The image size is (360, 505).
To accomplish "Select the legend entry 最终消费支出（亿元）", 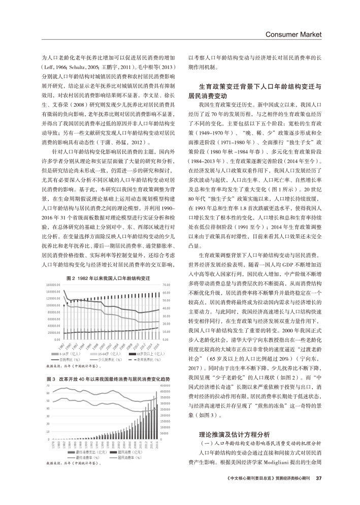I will pos(90,452).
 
